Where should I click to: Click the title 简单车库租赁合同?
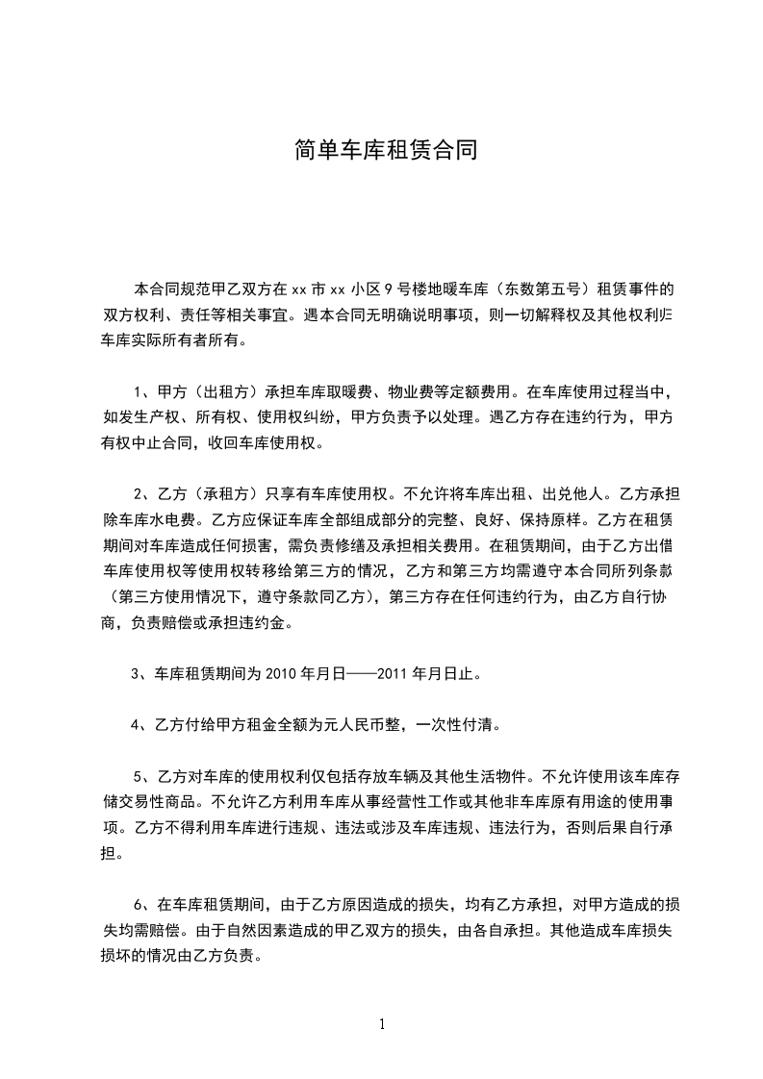385,151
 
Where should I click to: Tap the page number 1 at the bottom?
382,1024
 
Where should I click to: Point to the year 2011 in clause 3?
391,674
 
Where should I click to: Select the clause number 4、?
142,725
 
